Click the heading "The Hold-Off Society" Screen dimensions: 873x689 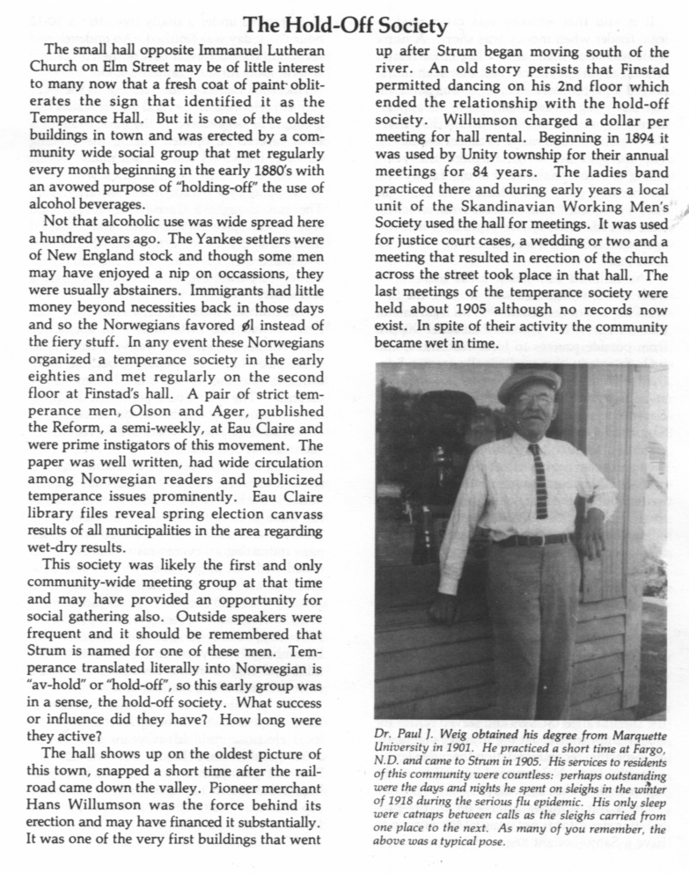[x=344, y=26]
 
